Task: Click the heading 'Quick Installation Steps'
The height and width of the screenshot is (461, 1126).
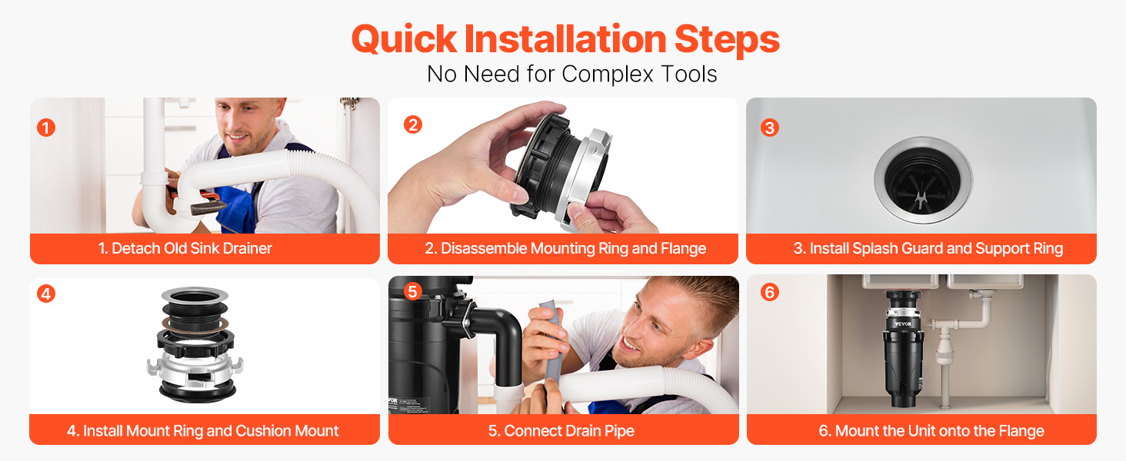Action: point(565,39)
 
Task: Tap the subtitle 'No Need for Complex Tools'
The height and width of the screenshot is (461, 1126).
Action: point(571,75)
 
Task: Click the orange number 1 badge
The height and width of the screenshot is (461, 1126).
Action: point(46,128)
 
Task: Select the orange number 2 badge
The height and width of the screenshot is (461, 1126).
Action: point(413,124)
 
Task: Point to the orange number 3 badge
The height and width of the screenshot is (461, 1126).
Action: point(770,128)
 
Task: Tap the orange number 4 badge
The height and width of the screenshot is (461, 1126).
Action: point(46,294)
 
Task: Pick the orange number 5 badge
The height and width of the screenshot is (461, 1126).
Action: point(413,291)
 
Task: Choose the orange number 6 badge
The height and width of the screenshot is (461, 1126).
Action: point(770,292)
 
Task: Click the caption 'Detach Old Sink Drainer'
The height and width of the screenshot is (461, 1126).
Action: point(192,248)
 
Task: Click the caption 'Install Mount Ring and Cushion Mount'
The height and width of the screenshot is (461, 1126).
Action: point(211,431)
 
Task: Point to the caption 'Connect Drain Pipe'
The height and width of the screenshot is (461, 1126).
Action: point(569,431)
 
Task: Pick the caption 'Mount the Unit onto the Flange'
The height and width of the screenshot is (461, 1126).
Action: point(940,431)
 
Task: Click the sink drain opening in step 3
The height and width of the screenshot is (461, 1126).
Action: point(923,180)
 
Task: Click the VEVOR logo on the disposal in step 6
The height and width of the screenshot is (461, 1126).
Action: point(903,324)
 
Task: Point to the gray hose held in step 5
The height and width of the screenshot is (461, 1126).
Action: point(553,347)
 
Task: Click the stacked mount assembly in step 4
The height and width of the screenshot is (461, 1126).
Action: point(195,346)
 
